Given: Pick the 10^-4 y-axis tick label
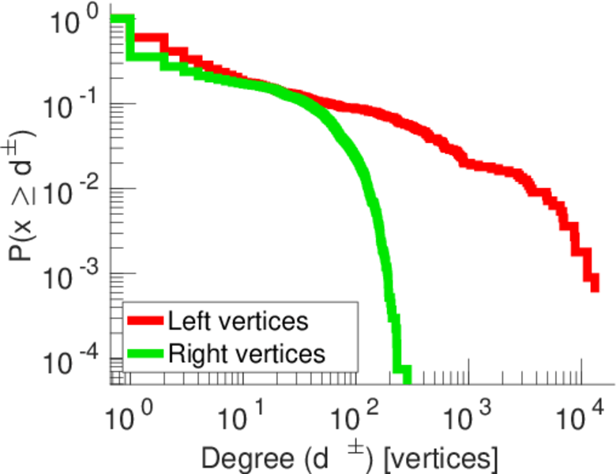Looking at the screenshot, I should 75,363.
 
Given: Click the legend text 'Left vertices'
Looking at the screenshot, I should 238,322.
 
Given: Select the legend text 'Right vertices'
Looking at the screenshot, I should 246,353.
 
